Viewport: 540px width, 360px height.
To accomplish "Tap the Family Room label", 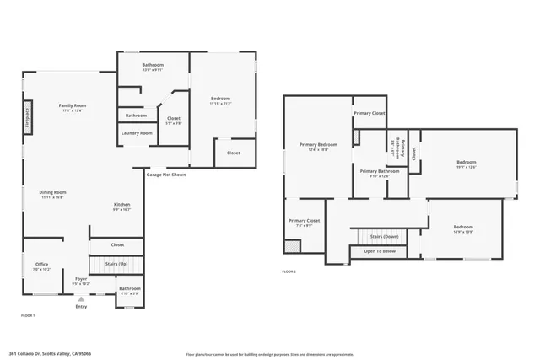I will pos(73,105).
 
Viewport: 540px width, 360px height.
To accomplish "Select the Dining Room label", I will pos(52,192).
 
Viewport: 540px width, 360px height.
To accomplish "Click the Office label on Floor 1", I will pos(41,266).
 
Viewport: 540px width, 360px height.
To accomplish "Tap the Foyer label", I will pos(81,278).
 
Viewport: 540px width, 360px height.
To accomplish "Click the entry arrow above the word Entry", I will pos(81,298).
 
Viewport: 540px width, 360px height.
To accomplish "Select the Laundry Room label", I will pos(136,132).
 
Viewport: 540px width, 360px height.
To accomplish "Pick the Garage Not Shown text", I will pos(166,175).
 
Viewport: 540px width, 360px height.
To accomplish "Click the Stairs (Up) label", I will pos(116,265).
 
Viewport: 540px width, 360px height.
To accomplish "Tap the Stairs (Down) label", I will pos(384,237).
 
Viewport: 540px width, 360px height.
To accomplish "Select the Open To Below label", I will pos(380,251).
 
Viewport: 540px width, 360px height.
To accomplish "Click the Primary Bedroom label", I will pos(313,144).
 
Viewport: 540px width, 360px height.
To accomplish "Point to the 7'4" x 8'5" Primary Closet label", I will pos(305,223).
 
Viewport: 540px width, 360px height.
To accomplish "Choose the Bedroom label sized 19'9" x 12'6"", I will pos(467,163).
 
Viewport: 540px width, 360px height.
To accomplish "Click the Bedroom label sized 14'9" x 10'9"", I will pos(462,227).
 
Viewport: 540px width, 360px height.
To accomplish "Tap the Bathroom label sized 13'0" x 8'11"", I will pos(153,65).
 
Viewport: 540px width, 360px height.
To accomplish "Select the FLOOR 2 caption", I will pos(289,271).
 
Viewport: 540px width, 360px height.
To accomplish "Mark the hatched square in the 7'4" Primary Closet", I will pos(292,246).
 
